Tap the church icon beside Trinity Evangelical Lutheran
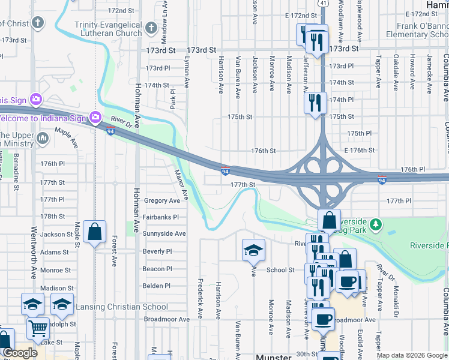[152, 27]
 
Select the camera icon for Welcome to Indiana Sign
[94, 116]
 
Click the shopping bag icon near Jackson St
[95, 232]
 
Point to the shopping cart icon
[38, 328]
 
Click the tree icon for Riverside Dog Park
[376, 224]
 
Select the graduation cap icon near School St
[253, 249]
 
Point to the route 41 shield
[323, 3]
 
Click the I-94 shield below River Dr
[110, 131]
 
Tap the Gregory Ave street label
[161, 200]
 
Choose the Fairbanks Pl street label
[161, 217]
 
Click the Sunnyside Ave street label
[164, 233]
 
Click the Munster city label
[274, 356]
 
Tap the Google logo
[19, 353]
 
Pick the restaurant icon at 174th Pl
[315, 103]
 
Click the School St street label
[280, 270]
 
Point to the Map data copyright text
[412, 355]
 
